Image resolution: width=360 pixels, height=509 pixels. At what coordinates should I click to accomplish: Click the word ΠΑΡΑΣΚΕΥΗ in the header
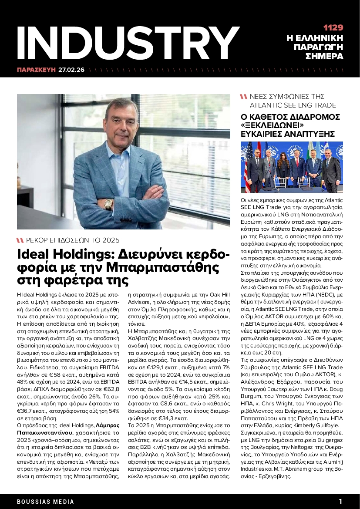pos(37,70)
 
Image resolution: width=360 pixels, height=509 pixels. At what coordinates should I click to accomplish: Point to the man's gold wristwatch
pos(108,203)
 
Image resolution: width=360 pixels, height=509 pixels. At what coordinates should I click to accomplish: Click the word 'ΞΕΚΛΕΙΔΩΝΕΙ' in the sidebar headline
pos(272,125)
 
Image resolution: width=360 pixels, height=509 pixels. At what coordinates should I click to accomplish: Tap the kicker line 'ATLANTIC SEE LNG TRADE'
pos(292,105)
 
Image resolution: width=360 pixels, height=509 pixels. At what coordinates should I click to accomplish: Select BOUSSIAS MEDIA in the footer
pos(45,502)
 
